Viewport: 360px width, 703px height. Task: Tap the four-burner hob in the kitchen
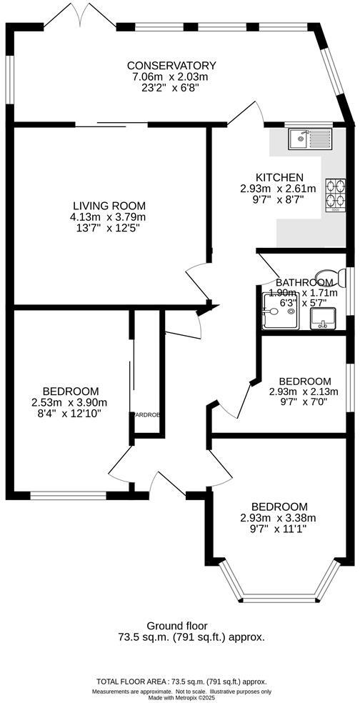coord(334,194)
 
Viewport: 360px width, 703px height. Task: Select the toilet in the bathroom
coord(329,277)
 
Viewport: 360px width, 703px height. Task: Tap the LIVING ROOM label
coord(107,205)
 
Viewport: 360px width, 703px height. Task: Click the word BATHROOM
coord(304,282)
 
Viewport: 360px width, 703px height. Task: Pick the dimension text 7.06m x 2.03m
coord(170,77)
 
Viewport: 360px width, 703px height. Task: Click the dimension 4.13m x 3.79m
coord(107,216)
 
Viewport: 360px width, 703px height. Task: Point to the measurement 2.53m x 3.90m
coord(70,402)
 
